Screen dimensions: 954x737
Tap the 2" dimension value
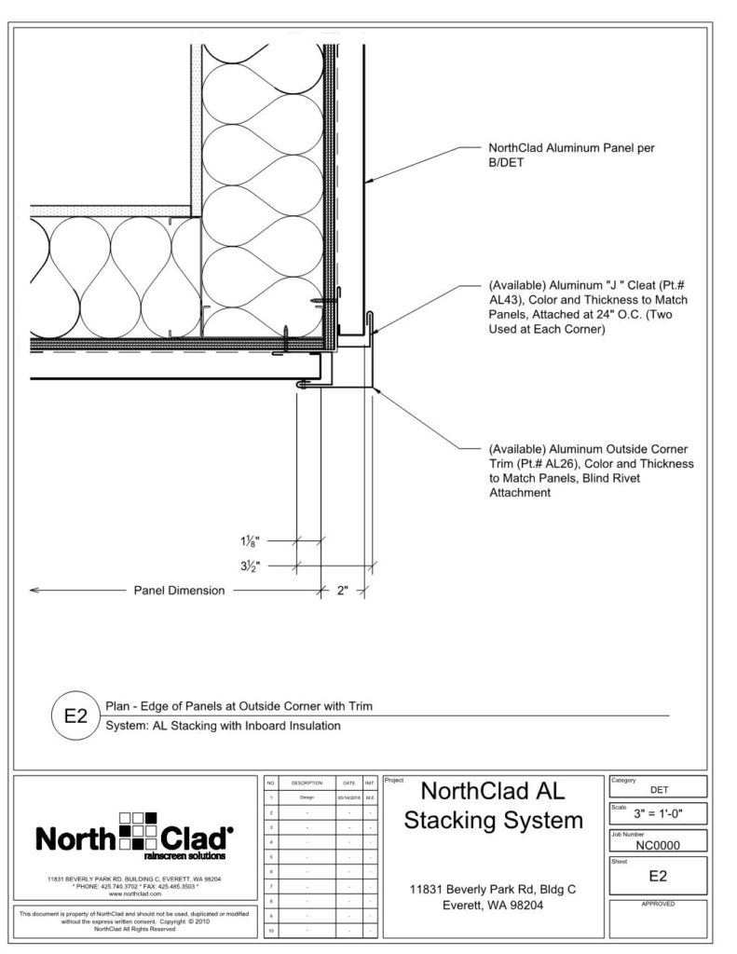(x=342, y=590)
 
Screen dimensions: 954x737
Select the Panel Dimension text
(x=179, y=590)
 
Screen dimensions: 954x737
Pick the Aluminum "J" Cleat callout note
(x=587, y=308)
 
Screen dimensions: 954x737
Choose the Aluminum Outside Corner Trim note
(x=591, y=470)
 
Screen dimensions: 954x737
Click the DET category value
(x=657, y=788)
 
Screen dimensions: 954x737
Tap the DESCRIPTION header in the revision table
(x=307, y=784)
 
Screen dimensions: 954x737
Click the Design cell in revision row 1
(x=307, y=798)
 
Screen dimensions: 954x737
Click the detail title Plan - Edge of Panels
(x=239, y=706)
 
